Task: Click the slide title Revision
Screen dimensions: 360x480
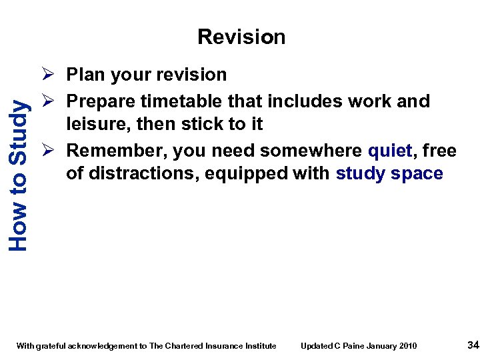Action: pyautogui.click(x=241, y=37)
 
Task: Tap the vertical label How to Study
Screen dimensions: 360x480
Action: pyautogui.click(x=19, y=175)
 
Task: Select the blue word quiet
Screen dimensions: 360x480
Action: pyautogui.click(x=389, y=151)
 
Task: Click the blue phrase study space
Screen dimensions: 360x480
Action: pyautogui.click(x=389, y=174)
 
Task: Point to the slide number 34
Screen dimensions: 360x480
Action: pyautogui.click(x=473, y=345)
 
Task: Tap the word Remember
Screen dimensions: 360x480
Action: pyautogui.click(x=116, y=151)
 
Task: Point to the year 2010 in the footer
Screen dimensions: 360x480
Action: pyautogui.click(x=408, y=345)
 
